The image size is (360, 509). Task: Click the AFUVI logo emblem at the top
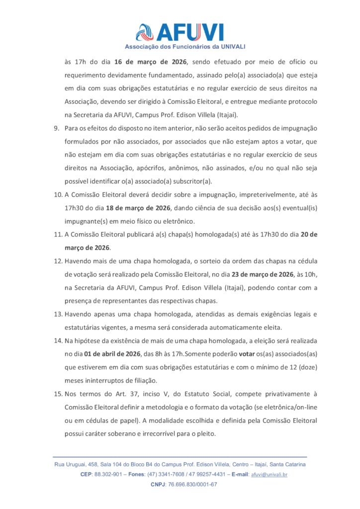(x=146, y=32)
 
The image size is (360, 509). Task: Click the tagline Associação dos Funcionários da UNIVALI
(x=185, y=47)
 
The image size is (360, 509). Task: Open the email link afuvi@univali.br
(x=269, y=475)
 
